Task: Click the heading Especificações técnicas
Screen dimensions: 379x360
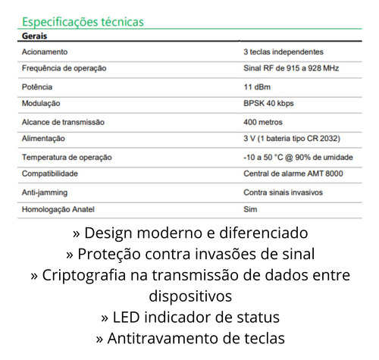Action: pos(83,23)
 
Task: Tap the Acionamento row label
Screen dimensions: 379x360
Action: pos(45,52)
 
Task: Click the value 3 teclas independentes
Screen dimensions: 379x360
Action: pos(283,52)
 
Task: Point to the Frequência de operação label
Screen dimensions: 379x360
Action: pos(64,68)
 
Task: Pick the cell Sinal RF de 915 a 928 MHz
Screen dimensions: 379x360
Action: pos(291,68)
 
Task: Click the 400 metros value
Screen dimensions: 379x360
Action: pos(262,121)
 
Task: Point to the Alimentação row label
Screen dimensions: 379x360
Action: pos(44,139)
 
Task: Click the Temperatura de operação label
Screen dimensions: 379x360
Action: pos(67,157)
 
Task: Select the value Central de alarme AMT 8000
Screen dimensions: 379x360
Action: pos(292,174)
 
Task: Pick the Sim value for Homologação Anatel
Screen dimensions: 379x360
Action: pos(249,208)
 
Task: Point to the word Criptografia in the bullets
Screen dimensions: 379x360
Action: pos(83,274)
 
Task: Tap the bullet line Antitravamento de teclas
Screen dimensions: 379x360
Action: pos(190,338)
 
